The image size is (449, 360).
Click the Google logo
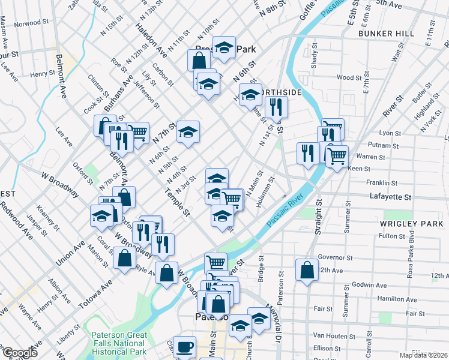20,353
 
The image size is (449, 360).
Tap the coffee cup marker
185,347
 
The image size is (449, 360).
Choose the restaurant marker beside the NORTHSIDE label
276,107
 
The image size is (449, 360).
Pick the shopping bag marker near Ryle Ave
124,259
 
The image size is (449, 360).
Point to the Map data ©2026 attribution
423,355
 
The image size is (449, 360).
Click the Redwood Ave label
19,220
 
